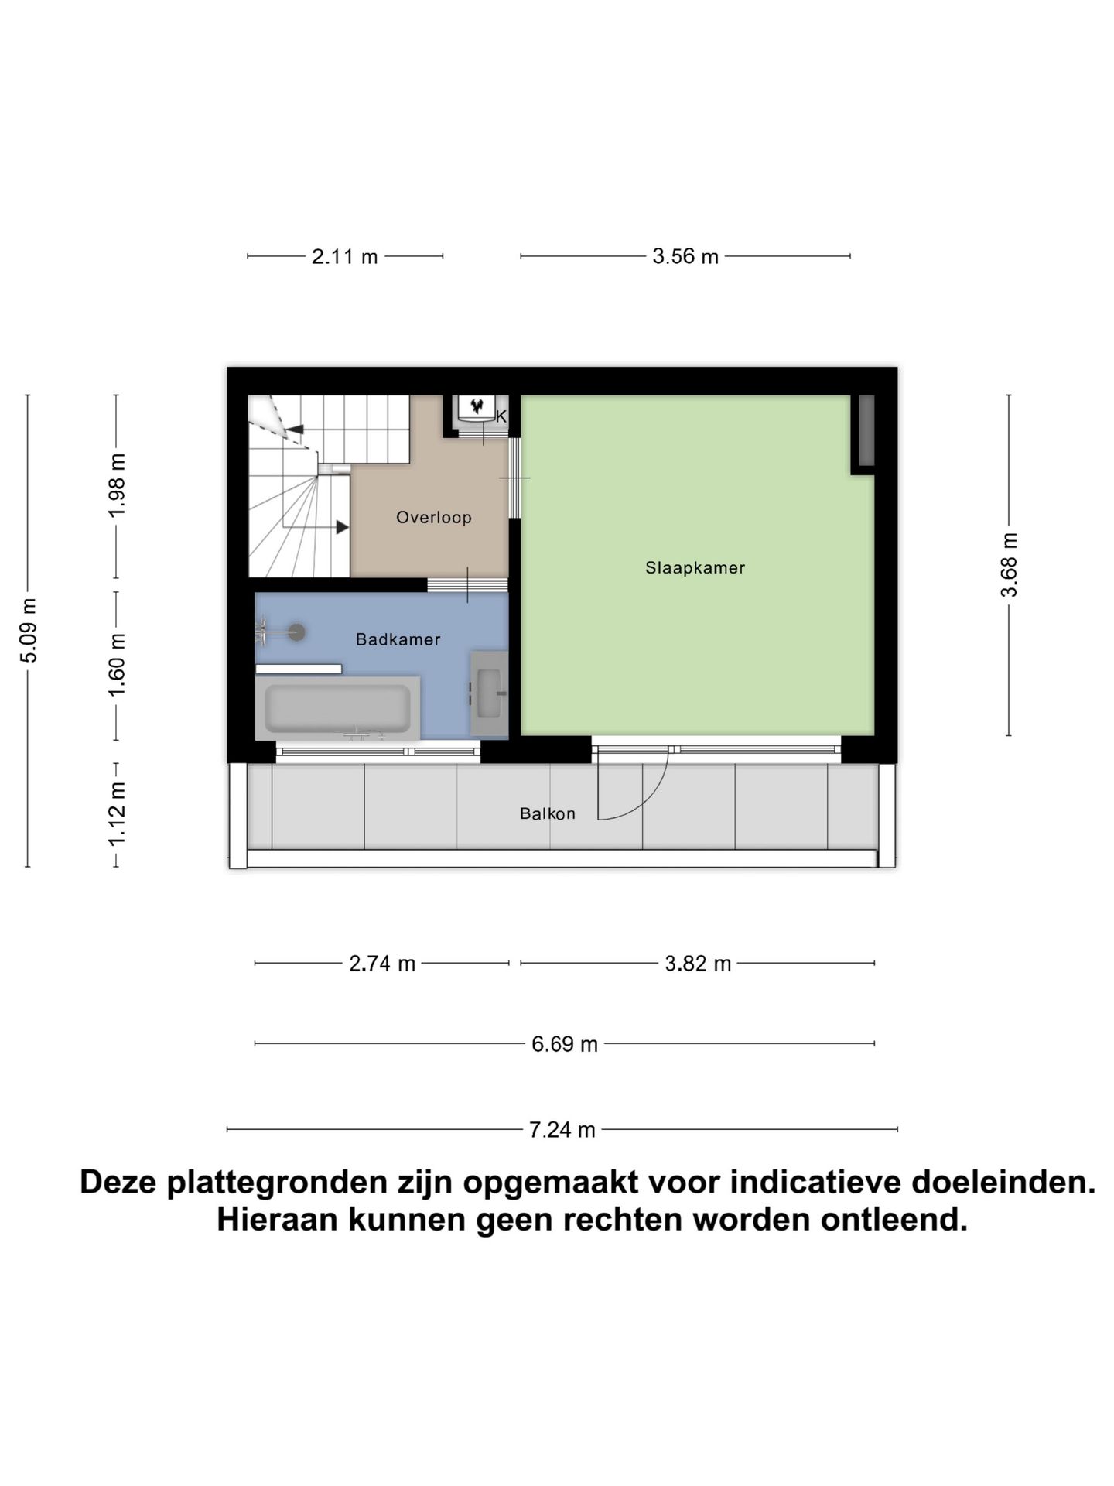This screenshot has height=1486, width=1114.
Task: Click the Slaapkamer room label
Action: pyautogui.click(x=695, y=567)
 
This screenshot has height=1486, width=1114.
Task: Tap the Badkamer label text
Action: pyautogui.click(x=398, y=639)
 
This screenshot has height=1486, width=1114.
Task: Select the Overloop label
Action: pyautogui.click(x=433, y=517)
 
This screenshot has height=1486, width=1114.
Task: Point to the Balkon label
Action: pyautogui.click(x=547, y=813)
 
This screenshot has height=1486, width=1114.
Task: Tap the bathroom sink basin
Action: pyautogui.click(x=489, y=693)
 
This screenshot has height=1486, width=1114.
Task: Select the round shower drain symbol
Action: pyautogui.click(x=296, y=632)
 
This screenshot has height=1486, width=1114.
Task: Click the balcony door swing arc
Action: pyautogui.click(x=650, y=797)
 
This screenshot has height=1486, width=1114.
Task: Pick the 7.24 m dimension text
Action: pyautogui.click(x=562, y=1130)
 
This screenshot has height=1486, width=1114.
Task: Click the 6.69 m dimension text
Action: pyautogui.click(x=564, y=1044)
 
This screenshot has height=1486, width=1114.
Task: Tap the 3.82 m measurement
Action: pyautogui.click(x=698, y=964)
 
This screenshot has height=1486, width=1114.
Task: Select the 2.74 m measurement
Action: pyautogui.click(x=382, y=964)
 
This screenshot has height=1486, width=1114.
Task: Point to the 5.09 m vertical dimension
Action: pyautogui.click(x=28, y=630)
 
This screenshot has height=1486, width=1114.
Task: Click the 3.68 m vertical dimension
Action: pyautogui.click(x=1009, y=565)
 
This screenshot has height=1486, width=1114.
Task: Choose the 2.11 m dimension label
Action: pyautogui.click(x=344, y=256)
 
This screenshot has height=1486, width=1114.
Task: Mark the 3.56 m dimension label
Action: pyautogui.click(x=685, y=256)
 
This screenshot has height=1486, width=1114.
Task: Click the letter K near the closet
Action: pyautogui.click(x=501, y=416)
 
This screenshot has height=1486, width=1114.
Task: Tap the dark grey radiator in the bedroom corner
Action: pyautogui.click(x=866, y=430)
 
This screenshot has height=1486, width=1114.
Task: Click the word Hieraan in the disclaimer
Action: pyautogui.click(x=275, y=1220)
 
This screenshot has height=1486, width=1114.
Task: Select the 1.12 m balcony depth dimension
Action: pyautogui.click(x=116, y=814)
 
